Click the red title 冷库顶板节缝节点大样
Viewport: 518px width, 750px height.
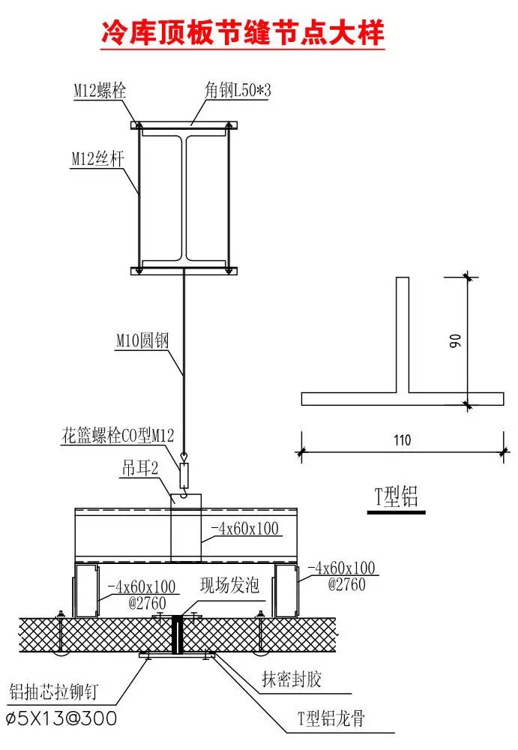243,33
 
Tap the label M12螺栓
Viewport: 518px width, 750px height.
99,91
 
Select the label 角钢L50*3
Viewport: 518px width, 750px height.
238,91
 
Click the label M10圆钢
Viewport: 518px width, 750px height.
142,341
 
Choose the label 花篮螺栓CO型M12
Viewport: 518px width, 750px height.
119,435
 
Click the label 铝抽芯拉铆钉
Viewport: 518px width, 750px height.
52,691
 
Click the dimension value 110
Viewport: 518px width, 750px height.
402,441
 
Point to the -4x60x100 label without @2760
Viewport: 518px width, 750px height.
245,529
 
